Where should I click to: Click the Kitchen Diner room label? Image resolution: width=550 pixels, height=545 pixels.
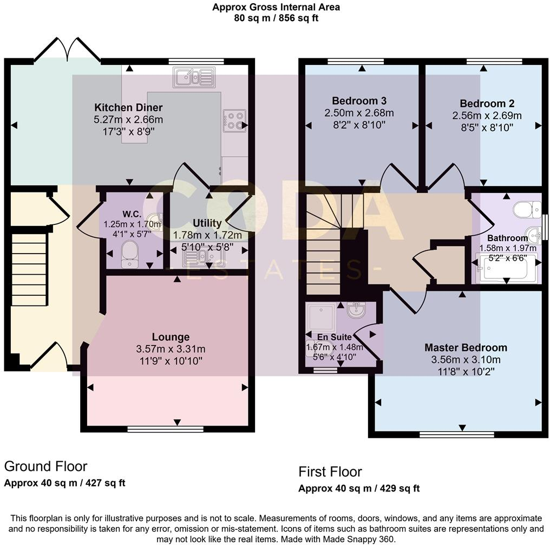tap(128, 107)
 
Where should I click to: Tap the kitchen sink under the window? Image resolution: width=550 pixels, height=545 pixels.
tap(194, 77)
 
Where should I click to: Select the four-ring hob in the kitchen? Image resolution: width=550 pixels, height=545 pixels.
tap(234, 121)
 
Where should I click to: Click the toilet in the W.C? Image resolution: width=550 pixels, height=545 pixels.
tap(130, 254)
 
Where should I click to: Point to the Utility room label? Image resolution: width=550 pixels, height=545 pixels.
tap(207, 223)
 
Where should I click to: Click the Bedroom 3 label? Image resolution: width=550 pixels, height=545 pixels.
tap(359, 101)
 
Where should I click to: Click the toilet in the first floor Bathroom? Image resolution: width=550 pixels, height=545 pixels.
tap(527, 209)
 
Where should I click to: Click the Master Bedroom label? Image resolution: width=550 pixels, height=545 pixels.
tap(466, 347)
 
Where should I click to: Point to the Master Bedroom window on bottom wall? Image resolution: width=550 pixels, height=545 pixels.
tap(456, 434)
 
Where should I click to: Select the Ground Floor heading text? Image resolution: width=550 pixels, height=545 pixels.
tap(45, 466)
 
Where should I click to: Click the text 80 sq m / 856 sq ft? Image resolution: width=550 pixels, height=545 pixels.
tap(276, 17)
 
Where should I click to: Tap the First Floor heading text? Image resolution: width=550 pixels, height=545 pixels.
tap(330, 471)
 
